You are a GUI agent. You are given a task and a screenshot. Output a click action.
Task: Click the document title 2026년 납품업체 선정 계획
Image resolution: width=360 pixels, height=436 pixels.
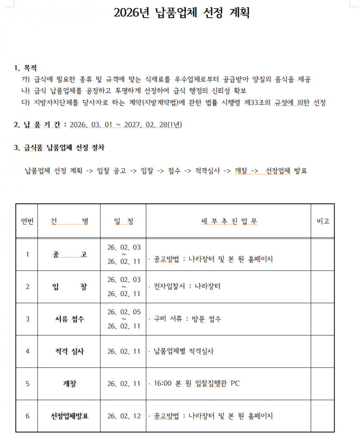[x=182, y=13]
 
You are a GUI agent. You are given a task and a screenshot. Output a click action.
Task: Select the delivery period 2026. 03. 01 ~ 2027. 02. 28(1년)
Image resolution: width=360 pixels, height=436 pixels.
[x=125, y=125]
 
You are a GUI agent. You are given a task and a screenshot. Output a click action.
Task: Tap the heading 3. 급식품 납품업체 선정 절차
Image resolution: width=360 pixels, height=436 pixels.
[x=59, y=148]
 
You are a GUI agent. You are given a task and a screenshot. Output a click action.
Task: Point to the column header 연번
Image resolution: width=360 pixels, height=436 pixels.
[x=27, y=221]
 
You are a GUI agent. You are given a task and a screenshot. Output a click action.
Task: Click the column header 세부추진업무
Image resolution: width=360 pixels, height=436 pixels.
[x=229, y=221]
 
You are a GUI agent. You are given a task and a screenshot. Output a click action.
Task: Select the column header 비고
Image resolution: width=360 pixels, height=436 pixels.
[x=323, y=221]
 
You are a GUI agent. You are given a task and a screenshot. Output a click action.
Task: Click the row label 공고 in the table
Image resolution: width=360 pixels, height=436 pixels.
[x=69, y=254]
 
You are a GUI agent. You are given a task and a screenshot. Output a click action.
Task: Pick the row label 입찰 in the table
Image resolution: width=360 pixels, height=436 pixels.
[x=69, y=287]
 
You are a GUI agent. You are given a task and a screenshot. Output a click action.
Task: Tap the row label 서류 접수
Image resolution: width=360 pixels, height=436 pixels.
[x=69, y=319]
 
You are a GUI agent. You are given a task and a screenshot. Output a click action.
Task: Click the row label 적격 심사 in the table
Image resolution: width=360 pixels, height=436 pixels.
[x=69, y=351]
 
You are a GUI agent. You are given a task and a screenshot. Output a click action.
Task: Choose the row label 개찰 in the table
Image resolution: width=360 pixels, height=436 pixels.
[x=69, y=383]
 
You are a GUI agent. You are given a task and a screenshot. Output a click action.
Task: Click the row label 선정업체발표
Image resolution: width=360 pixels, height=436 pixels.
[x=69, y=416]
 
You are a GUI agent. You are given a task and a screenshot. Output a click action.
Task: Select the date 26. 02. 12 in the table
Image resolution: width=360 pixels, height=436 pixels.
[x=124, y=416]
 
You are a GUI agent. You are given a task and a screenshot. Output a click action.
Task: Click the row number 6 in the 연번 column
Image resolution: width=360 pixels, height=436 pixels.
[x=27, y=416]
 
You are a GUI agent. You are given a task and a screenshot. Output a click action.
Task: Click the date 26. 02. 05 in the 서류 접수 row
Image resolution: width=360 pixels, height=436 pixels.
[x=124, y=311]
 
